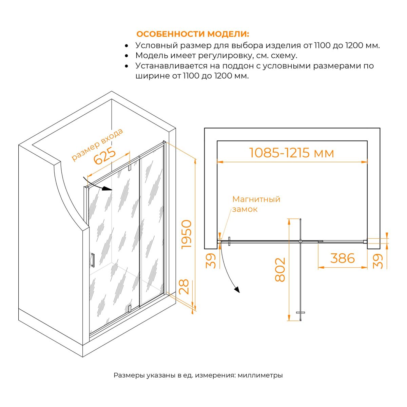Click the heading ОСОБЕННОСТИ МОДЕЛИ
point(192,34)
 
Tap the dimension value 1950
point(187,234)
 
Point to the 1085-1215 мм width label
point(291,153)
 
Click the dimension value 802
point(280,270)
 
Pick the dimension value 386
point(342,258)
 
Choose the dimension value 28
point(184,287)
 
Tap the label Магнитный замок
point(256,204)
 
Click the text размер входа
point(97,145)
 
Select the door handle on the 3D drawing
point(93,260)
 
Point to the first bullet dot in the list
point(127,46)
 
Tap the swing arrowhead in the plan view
point(237,290)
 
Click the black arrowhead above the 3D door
point(106,189)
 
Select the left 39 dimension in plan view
point(211,261)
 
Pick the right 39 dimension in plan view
point(377,261)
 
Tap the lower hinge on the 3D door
point(130,309)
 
